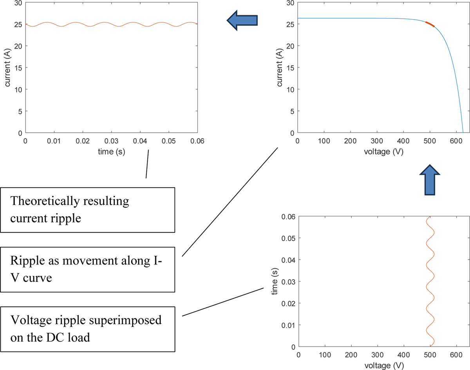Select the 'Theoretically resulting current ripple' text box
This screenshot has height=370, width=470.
tap(87, 210)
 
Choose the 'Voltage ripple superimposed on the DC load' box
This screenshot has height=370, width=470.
tap(87, 329)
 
